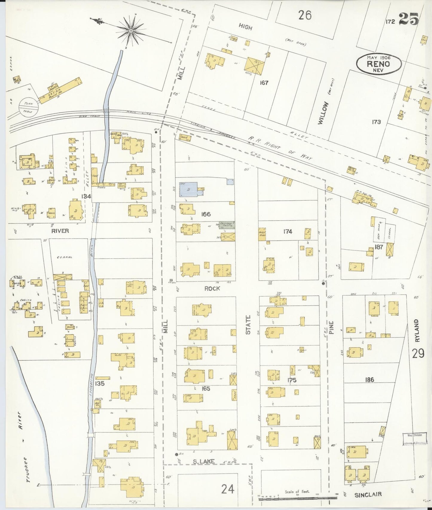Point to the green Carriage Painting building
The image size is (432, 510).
pyautogui.click(x=227, y=225)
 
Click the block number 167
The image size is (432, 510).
pyautogui.click(x=264, y=83)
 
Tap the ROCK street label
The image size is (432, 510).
pyautogui.click(x=212, y=288)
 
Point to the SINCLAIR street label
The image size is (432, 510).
pyautogui.click(x=368, y=494)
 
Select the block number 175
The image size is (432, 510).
pyautogui.click(x=291, y=380)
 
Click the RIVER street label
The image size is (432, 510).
pyautogui.click(x=60, y=230)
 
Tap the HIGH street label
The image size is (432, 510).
pyautogui.click(x=245, y=27)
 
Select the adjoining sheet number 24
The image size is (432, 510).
pyautogui.click(x=228, y=489)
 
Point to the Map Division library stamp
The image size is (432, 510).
pyautogui.click(x=414, y=439)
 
